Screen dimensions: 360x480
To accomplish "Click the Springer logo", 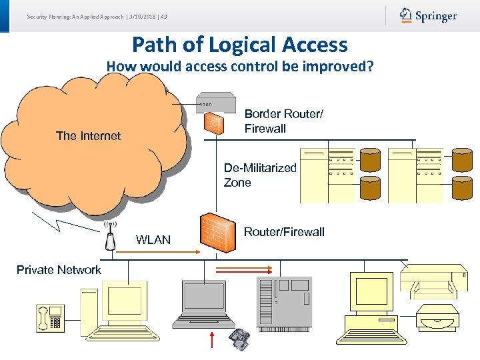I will click(428, 15).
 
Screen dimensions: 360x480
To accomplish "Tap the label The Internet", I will click(88, 136).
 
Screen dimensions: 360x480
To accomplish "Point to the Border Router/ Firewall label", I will click(283, 121).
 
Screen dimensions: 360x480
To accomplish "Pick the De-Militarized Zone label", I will click(260, 175).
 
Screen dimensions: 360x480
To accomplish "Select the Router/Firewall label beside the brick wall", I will click(284, 232).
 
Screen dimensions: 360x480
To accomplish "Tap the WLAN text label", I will click(153, 240).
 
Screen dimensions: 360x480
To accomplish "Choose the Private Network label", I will click(59, 270).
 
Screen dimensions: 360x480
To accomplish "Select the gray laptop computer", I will click(203, 303).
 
